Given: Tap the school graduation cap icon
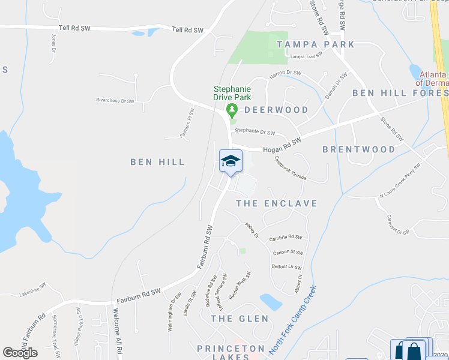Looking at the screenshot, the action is pos(231,160).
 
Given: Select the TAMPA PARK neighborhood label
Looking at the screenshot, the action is pos(315,44).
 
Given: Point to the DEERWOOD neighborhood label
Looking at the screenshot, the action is pos(276,110).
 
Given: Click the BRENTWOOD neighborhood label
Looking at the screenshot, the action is pos(359,149).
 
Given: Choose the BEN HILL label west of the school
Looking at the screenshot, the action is pos(157,162).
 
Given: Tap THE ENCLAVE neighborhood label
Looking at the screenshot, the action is pos(277,203).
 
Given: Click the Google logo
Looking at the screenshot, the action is pos(20,352).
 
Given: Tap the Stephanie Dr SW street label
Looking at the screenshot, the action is pos(255,131).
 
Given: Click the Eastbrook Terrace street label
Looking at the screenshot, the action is pos(291,169).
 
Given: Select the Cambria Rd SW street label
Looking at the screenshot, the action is pos(285,238).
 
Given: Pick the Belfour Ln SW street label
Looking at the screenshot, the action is pos(286,268).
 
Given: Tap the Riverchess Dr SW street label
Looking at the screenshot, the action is pos(114,100).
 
